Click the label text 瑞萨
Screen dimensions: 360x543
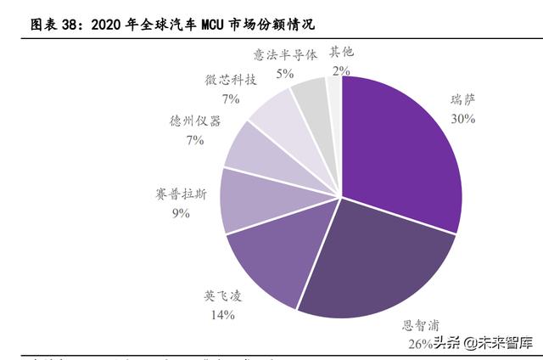tap(462, 101)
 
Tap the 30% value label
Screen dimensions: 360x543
tap(462, 119)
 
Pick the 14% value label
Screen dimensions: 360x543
tap(221, 315)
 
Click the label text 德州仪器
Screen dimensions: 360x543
tap(194, 121)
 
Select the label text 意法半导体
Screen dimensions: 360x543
tap(285, 54)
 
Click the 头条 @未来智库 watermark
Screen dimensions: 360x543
tap(484, 343)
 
